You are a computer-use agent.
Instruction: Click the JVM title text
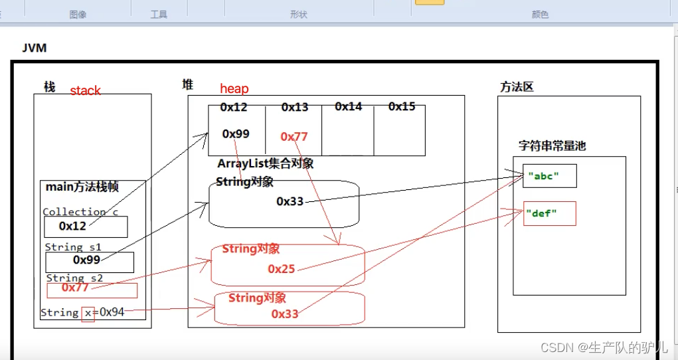tap(34, 48)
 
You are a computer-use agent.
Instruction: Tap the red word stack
tap(85, 91)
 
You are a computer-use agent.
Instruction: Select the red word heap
tap(234, 89)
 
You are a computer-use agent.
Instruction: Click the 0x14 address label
tap(348, 107)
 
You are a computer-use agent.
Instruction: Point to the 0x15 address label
tap(402, 107)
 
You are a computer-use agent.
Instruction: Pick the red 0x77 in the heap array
tap(294, 137)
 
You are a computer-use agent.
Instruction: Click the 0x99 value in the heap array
tap(236, 134)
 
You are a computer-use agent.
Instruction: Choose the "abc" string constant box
tap(549, 176)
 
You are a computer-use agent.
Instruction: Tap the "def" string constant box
tap(549, 213)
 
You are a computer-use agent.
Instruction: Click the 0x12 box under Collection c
tap(86, 226)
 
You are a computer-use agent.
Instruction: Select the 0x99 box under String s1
tap(90, 261)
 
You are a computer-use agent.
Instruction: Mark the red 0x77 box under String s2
tap(92, 290)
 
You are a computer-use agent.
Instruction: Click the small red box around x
tap(88, 313)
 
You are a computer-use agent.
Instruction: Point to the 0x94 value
tap(112, 312)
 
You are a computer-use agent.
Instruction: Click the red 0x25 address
tap(282, 269)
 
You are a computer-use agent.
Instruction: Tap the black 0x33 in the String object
tap(290, 201)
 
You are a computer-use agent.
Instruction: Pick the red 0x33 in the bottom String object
tap(285, 314)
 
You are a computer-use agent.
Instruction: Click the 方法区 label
tap(517, 87)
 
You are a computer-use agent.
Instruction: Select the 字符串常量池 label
tap(552, 147)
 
